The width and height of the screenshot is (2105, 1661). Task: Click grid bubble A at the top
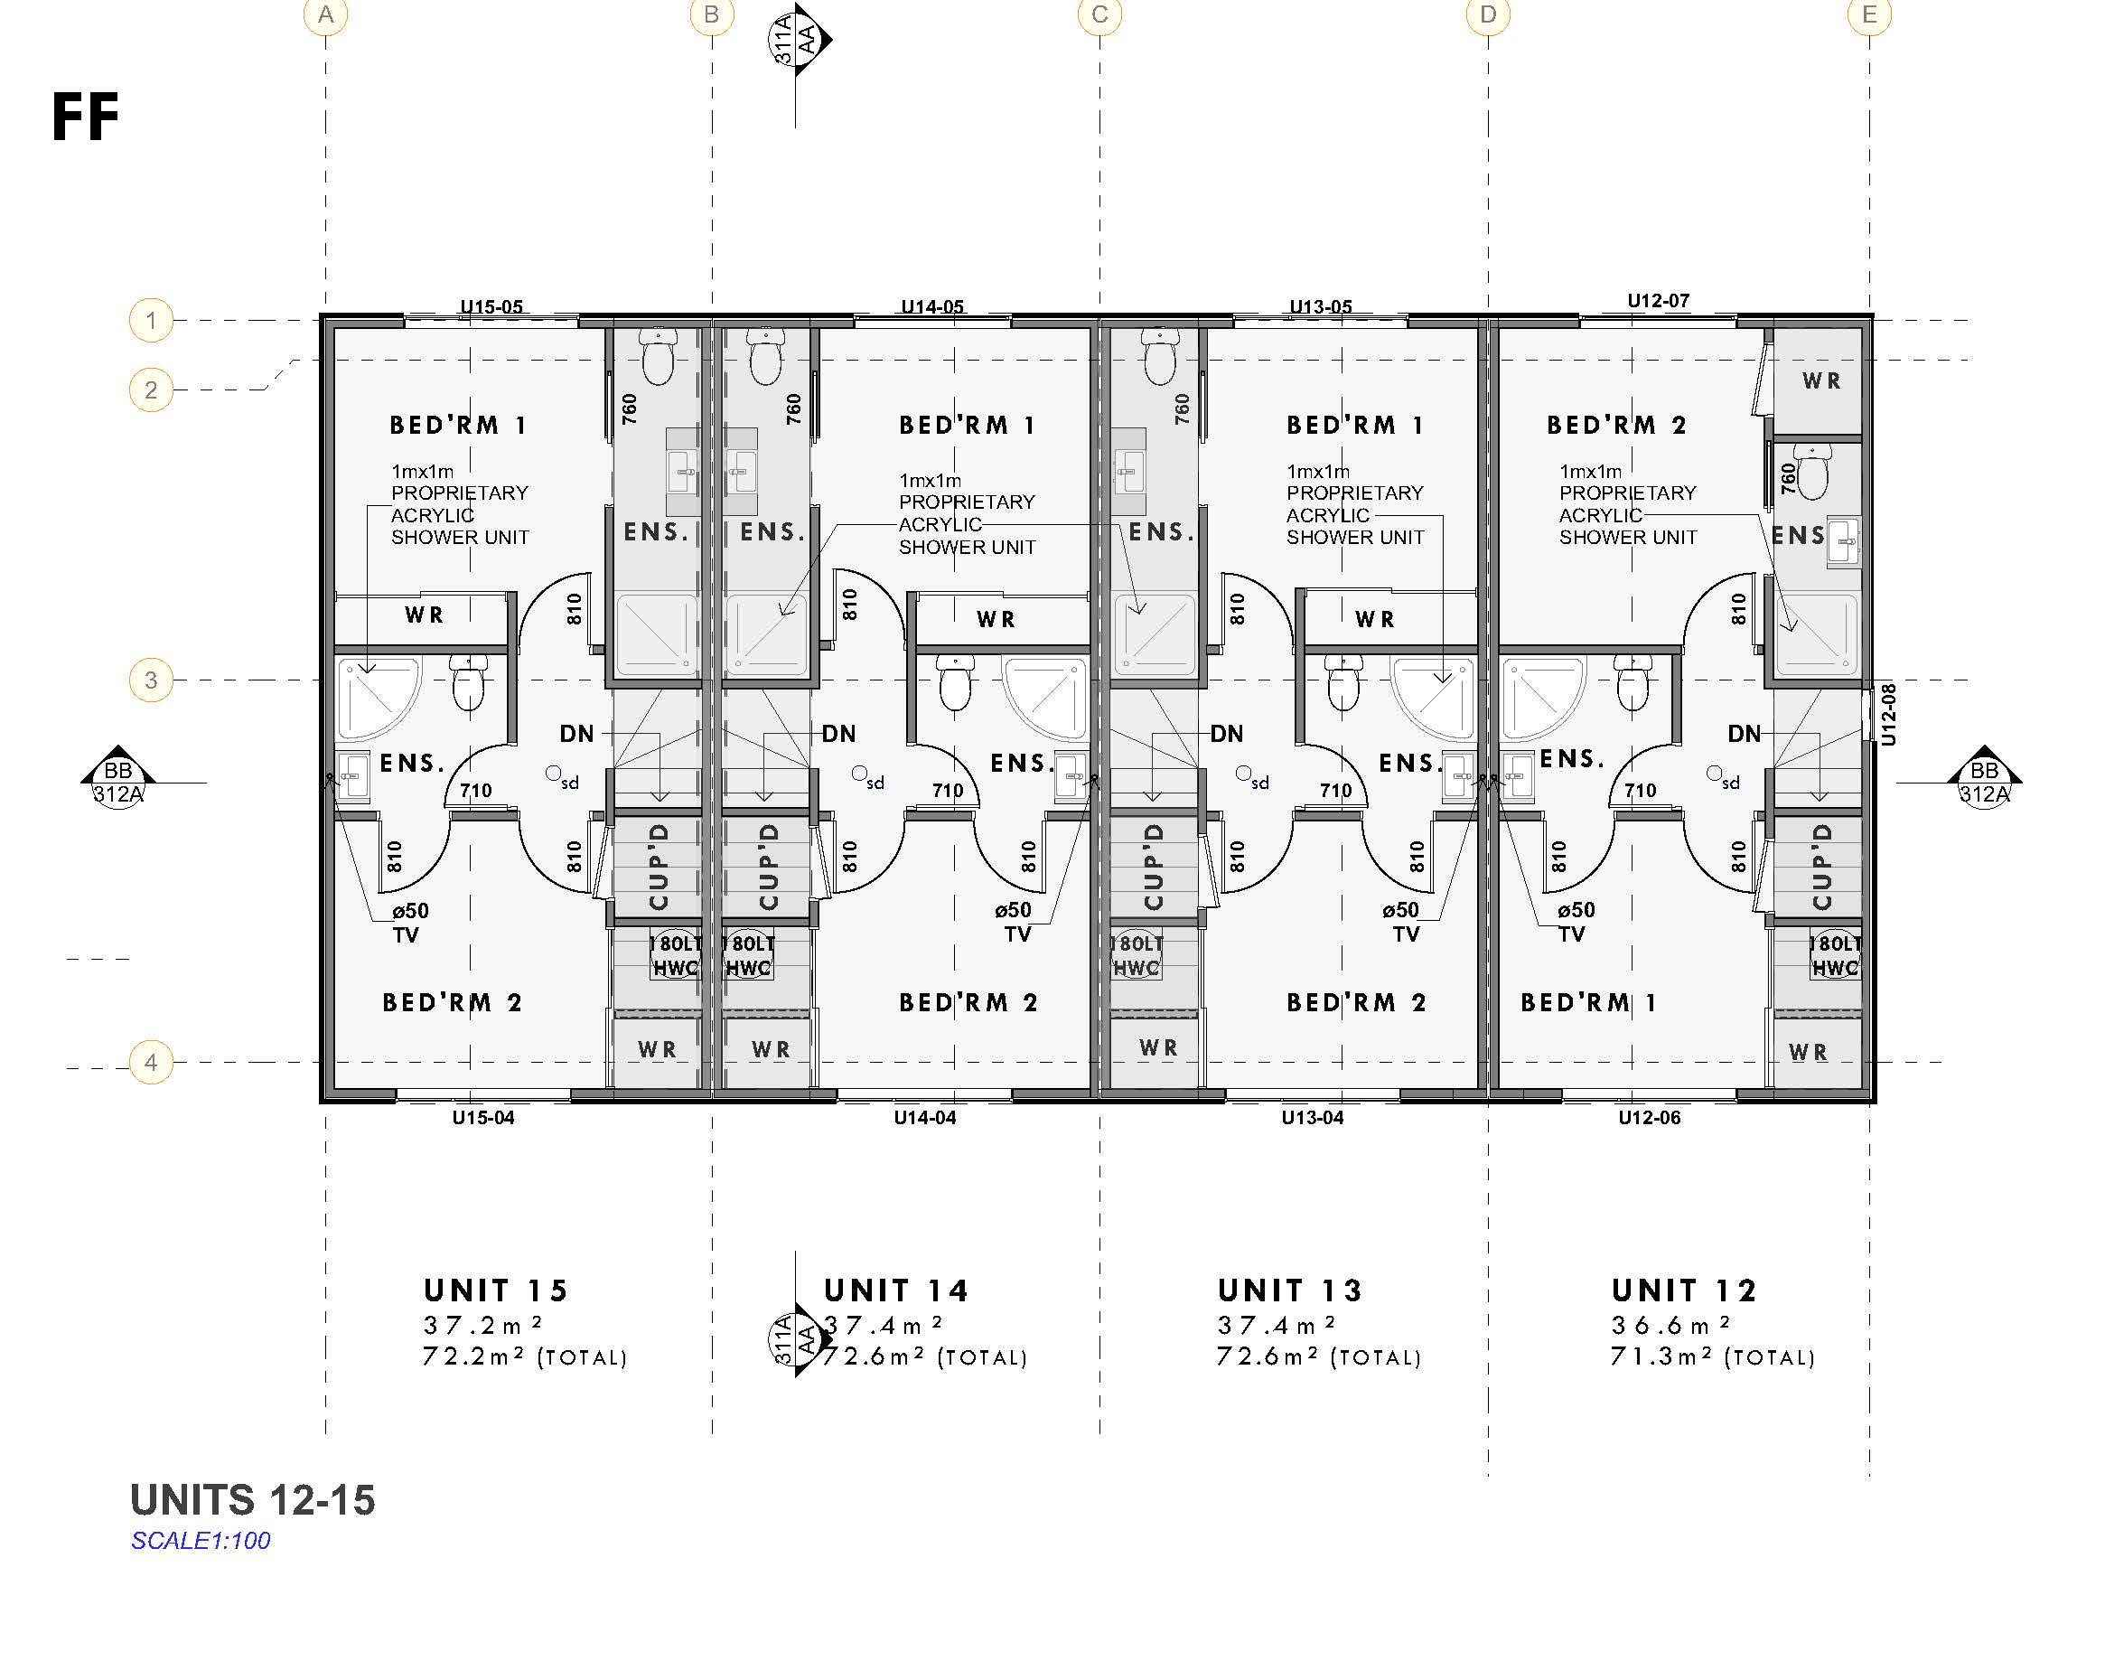point(326,15)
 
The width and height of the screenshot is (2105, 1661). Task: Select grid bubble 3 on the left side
point(151,680)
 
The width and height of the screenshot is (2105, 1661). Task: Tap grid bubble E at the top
point(1868,15)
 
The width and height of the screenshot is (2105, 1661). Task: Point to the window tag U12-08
point(1888,715)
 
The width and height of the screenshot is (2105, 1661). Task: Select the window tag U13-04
point(1312,1117)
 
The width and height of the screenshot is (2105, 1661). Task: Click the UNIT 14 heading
point(895,1290)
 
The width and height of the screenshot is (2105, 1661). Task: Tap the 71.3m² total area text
point(1712,1356)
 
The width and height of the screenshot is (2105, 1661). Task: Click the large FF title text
point(86,117)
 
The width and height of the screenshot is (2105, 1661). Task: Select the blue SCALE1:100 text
point(201,1541)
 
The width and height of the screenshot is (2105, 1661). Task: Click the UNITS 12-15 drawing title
point(253,1499)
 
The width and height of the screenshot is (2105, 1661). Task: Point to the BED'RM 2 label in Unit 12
point(1616,425)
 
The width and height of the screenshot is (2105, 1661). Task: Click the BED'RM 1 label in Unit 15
point(458,425)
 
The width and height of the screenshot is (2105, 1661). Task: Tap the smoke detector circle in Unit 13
point(1242,774)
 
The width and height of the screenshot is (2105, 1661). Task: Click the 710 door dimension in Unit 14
point(947,791)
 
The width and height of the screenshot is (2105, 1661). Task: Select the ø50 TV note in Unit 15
point(409,922)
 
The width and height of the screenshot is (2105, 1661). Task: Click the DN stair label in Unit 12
point(1745,733)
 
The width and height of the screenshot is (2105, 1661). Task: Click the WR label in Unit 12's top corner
point(1821,381)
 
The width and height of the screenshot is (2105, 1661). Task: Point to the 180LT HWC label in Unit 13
point(1136,956)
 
